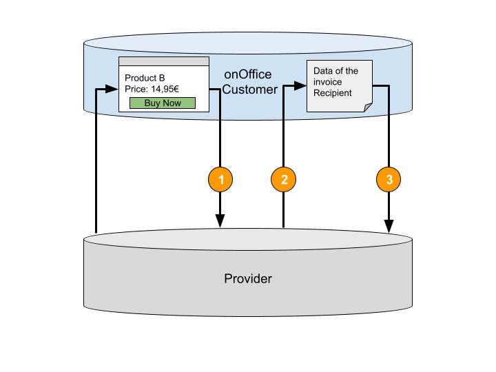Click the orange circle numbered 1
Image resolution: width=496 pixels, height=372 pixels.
click(220, 180)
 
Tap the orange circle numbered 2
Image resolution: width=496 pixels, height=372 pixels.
click(284, 180)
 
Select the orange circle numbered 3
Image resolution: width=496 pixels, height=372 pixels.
click(389, 180)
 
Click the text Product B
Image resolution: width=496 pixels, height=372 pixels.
click(145, 78)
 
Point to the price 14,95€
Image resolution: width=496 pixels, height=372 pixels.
click(169, 90)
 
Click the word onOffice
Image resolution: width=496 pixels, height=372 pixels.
click(248, 74)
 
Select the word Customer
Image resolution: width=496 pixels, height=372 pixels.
click(249, 90)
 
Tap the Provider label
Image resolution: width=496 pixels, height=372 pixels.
click(248, 279)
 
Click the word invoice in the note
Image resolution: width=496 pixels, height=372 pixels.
click(328, 82)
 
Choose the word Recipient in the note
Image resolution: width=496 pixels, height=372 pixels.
click(333, 93)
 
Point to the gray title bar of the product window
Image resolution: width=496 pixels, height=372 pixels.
click(164, 61)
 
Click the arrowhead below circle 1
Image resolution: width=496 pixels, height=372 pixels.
click(220, 220)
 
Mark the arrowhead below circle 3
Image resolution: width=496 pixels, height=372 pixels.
click(389, 226)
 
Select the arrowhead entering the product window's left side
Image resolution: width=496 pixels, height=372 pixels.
click(113, 89)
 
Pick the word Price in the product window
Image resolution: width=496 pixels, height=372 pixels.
click(136, 90)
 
